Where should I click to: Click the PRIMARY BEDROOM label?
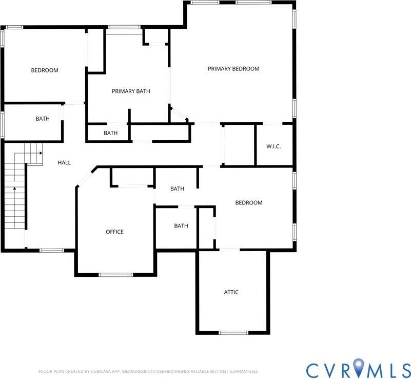(x=233, y=69)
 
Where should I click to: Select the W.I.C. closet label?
(x=273, y=146)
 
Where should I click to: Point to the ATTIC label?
(x=231, y=292)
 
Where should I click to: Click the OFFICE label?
(x=114, y=232)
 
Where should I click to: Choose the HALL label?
(x=64, y=163)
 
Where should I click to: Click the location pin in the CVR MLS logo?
(x=362, y=370)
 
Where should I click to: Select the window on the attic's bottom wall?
(x=233, y=333)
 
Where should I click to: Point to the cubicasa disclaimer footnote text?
(x=148, y=371)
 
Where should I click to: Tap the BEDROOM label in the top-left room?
(x=45, y=70)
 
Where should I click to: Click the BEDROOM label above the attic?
(x=248, y=203)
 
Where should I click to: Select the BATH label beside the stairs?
(x=43, y=119)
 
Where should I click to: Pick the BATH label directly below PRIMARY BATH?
(x=110, y=133)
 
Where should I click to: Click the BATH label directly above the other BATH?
(x=177, y=189)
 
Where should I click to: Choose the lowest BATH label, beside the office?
(x=181, y=226)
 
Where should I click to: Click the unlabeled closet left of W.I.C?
(x=239, y=145)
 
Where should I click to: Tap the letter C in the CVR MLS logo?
(x=314, y=370)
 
